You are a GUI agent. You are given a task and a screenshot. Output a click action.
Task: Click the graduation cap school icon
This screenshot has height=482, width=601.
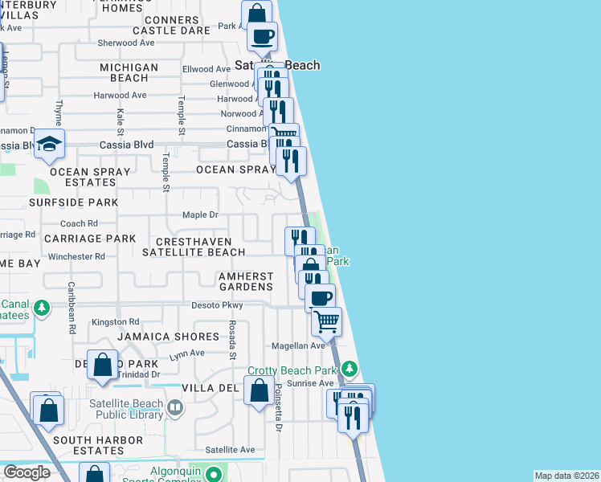coord(49,145)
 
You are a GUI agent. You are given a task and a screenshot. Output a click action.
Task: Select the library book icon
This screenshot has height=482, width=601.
coord(174,409)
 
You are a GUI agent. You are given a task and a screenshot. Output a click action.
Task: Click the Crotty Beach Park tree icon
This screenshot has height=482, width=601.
coord(349,370)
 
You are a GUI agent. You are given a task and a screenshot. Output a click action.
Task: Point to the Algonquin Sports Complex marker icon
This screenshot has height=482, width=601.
coord(214,474)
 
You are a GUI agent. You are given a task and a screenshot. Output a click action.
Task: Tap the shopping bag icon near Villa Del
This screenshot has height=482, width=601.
coord(259,393)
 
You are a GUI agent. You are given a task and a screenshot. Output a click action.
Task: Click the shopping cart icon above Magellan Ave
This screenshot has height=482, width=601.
coord(326,321)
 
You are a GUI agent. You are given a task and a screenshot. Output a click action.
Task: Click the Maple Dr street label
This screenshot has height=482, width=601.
coord(200,214)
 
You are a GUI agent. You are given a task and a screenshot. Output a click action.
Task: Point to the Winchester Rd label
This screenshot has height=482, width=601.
coord(76,257)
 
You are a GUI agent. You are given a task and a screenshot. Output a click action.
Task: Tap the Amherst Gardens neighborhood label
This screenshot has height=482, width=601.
coord(246,281)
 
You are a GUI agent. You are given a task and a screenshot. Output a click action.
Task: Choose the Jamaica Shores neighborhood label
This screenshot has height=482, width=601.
coord(169,337)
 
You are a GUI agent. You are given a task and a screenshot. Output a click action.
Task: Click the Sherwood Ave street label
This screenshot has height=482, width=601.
coord(125,43)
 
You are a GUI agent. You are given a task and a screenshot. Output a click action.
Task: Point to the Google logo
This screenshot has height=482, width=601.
coord(27,472)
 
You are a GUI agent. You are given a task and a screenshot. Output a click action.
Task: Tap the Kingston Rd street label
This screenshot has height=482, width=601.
coord(110,321)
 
